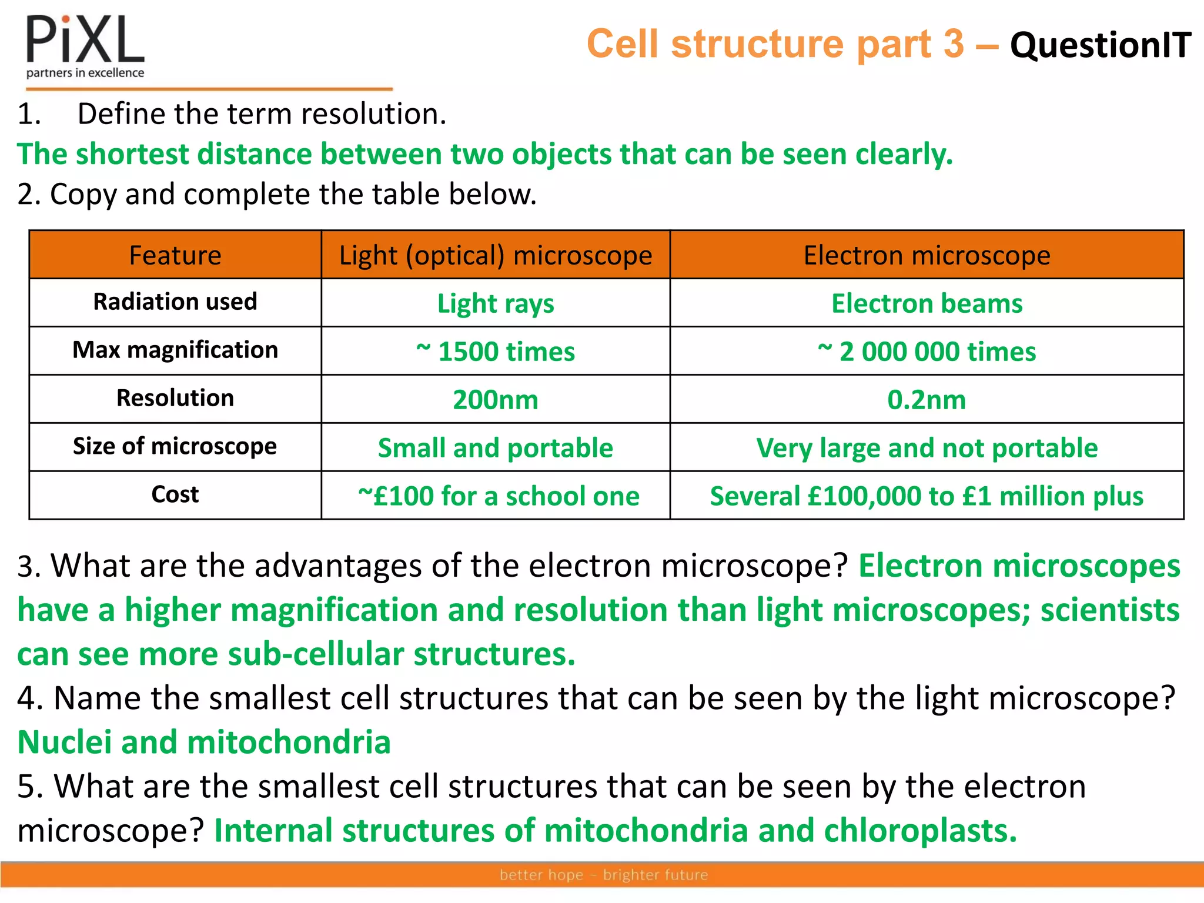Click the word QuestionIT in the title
click(x=1100, y=45)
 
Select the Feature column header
click(x=175, y=255)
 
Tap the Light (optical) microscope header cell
click(x=496, y=255)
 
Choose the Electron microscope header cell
click(x=927, y=255)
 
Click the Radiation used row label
click(x=175, y=302)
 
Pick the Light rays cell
click(x=496, y=303)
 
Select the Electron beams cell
click(x=927, y=303)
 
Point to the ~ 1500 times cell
click(x=496, y=352)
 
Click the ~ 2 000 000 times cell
click(x=927, y=352)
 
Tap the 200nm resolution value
click(x=496, y=400)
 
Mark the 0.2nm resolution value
click(x=927, y=400)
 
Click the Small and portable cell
click(x=496, y=448)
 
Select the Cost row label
click(x=175, y=494)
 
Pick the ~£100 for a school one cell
click(x=499, y=496)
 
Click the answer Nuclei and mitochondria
click(x=204, y=742)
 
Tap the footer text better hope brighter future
click(x=604, y=875)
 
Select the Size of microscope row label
click(x=175, y=446)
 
